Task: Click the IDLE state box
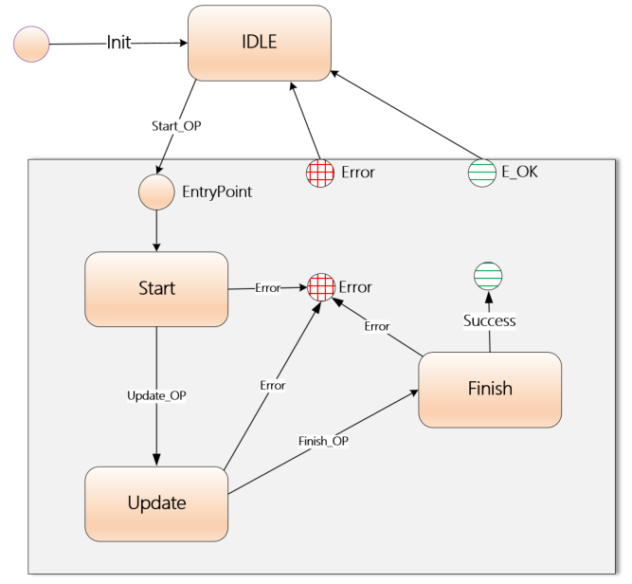(x=260, y=43)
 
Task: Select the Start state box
(x=156, y=288)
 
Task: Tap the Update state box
(x=156, y=502)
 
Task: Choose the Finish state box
(x=490, y=389)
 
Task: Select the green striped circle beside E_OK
(x=482, y=173)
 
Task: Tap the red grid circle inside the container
(x=322, y=286)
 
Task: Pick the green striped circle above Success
(x=489, y=275)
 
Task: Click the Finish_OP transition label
(x=322, y=441)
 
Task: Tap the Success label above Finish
(x=489, y=320)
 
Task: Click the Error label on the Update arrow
(x=272, y=385)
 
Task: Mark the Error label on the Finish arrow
(x=377, y=325)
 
